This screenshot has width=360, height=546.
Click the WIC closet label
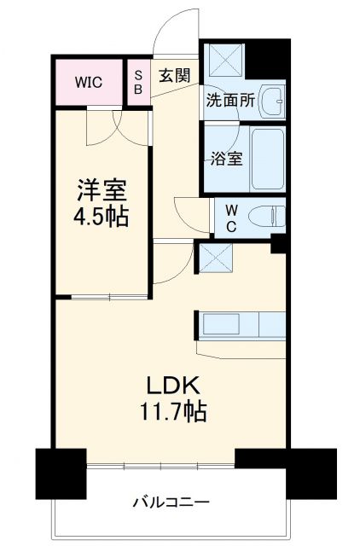[x=88, y=82]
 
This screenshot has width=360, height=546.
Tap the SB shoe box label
[x=137, y=82]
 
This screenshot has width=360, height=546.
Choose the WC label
[x=230, y=218]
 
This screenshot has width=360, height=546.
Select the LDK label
[x=172, y=385]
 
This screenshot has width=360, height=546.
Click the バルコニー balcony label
[x=171, y=501]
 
